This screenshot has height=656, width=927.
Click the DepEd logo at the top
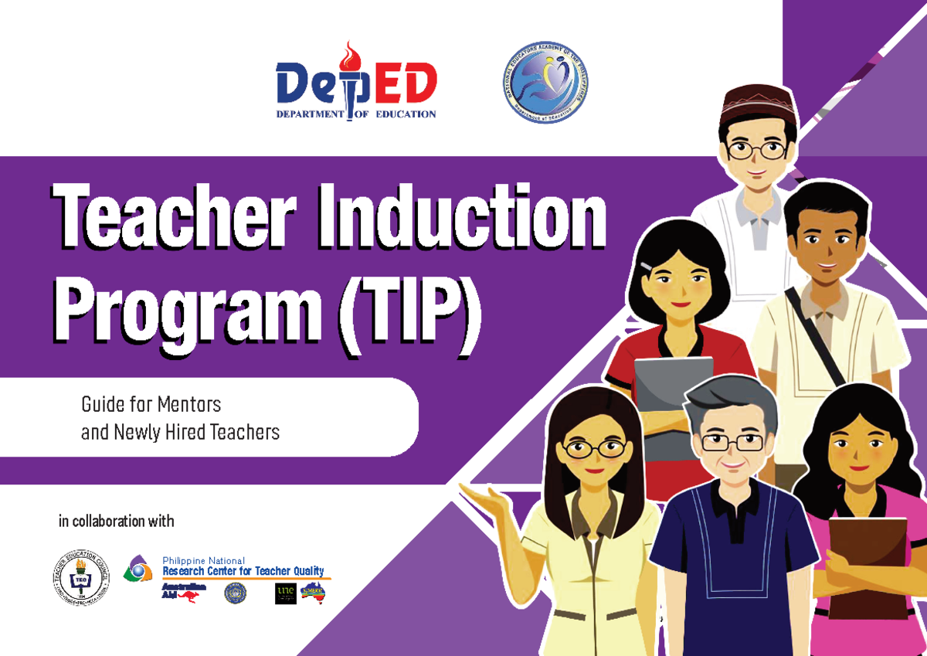[x=356, y=84]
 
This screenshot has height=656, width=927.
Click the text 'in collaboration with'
[x=117, y=522]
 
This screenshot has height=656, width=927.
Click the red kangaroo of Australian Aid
[x=188, y=595]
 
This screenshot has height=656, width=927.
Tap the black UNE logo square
[x=285, y=593]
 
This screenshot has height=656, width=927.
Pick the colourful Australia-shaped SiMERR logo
[x=314, y=592]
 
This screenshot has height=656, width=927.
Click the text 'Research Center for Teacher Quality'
[x=243, y=571]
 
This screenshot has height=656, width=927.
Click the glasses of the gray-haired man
[x=732, y=442]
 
